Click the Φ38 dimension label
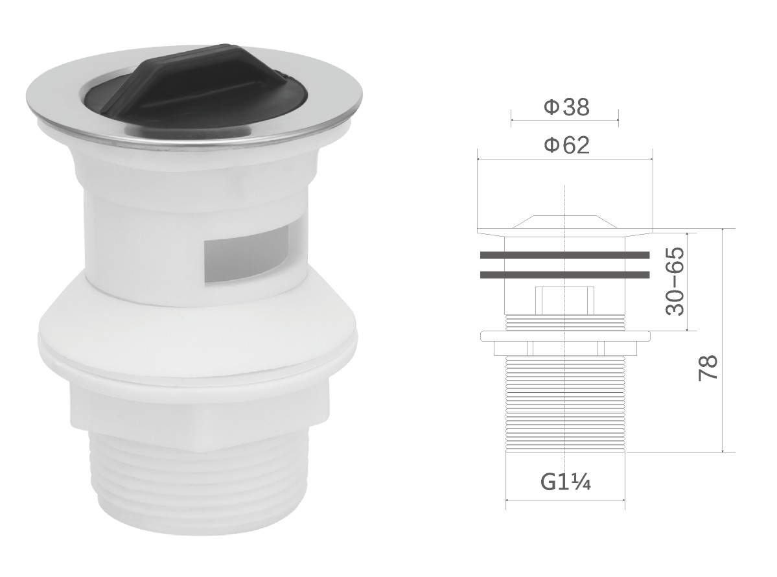(566, 106)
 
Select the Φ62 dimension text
(566, 145)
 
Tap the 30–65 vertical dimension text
(675, 281)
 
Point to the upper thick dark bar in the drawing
(565, 255)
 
